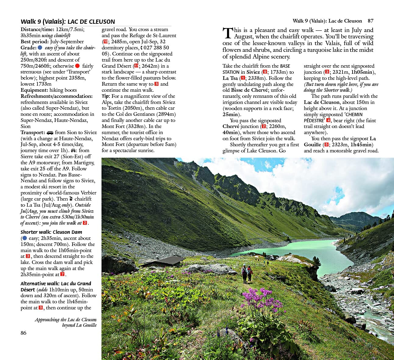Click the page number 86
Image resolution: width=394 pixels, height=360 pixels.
(x=23, y=333)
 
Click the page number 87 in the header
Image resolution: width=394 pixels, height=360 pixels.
(x=370, y=21)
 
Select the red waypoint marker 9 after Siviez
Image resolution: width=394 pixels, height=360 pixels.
(x=265, y=72)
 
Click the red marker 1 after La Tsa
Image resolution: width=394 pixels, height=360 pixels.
(x=243, y=78)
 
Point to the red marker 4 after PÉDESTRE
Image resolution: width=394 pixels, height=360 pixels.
(x=328, y=120)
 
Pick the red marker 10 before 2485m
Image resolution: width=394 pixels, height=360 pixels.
(x=105, y=42)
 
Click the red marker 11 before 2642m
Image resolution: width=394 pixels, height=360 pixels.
(x=136, y=66)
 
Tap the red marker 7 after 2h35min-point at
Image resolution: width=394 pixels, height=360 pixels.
(x=62, y=274)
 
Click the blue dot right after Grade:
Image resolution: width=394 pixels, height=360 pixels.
(x=40, y=48)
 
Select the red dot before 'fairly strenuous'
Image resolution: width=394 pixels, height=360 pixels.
(x=77, y=66)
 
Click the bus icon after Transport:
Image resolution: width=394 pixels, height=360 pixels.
(x=50, y=133)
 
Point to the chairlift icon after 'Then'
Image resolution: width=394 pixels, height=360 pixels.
(x=71, y=199)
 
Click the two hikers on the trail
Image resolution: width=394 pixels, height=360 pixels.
(x=247, y=273)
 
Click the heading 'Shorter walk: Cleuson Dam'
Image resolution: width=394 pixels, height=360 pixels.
(x=51, y=232)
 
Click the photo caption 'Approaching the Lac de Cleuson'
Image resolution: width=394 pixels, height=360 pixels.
(x=66, y=320)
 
